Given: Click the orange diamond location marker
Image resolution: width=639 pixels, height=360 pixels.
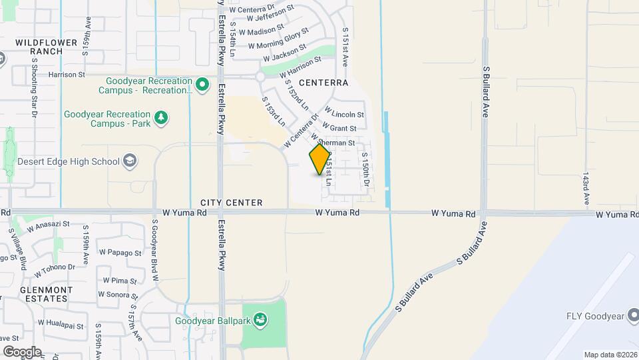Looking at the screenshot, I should [x=320, y=159].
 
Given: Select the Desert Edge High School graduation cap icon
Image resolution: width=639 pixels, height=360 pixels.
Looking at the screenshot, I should [x=130, y=161].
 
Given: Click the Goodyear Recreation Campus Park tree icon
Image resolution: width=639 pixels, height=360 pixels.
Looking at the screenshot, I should [x=160, y=118].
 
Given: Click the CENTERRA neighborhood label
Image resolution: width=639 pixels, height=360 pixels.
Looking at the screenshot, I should [x=323, y=83].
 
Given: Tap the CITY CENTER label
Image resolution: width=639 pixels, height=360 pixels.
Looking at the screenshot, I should [x=231, y=203].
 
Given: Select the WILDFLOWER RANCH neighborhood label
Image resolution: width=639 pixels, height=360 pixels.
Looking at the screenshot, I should [x=39, y=46].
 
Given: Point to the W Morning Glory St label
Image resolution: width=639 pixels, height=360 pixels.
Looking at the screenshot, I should [x=279, y=38].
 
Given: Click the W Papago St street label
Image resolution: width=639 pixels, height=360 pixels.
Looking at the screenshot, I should [x=120, y=253].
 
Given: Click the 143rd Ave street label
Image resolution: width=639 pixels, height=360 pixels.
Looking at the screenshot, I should [x=586, y=189].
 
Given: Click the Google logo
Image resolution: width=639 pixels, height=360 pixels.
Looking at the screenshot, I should [x=22, y=351].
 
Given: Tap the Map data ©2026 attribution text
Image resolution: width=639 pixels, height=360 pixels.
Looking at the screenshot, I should [x=610, y=355].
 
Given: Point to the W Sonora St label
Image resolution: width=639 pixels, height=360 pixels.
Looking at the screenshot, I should [x=118, y=294].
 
